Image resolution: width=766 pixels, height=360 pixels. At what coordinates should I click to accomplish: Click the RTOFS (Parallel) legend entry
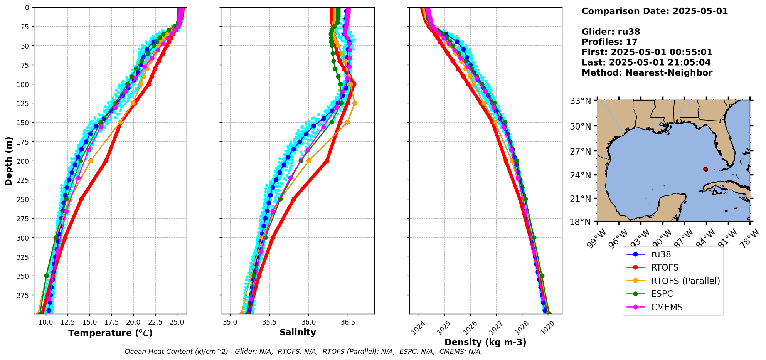tap(685, 281)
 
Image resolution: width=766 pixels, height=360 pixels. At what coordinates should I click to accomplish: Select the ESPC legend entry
tap(662, 294)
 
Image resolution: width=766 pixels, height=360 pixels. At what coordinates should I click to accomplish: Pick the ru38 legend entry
tap(661, 254)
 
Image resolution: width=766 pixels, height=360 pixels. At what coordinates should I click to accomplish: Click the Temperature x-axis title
tap(110, 333)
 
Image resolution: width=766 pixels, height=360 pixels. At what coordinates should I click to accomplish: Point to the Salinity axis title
tap(298, 332)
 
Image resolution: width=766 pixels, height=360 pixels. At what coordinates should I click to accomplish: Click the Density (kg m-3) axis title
tap(485, 342)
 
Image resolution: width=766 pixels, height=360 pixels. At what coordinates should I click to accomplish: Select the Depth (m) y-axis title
tap(8, 161)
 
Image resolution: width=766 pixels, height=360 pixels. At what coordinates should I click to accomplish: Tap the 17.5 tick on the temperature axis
tap(111, 322)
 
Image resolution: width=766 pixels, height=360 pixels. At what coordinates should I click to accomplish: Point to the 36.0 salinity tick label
tap(308, 322)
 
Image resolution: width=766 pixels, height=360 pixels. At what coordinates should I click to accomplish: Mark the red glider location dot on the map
tap(705, 169)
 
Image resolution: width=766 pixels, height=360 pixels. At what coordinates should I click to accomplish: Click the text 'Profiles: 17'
tap(609, 42)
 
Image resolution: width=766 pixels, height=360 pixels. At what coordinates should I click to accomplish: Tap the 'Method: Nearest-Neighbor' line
tap(647, 73)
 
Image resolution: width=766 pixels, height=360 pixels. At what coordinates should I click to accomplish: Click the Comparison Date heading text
tap(655, 11)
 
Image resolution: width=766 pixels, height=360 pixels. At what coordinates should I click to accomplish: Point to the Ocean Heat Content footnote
tap(303, 352)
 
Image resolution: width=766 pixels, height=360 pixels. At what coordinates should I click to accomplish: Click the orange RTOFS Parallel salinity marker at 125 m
tap(355, 103)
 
